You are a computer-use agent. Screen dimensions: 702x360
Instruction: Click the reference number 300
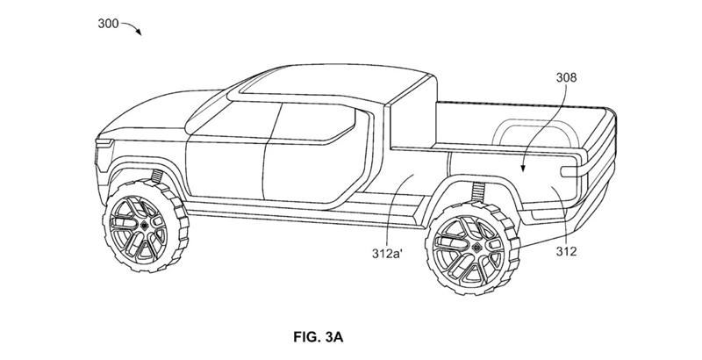108,24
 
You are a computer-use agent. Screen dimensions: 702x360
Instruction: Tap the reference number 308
566,78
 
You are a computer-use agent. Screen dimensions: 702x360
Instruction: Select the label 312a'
388,254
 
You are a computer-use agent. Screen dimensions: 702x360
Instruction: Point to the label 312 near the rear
566,252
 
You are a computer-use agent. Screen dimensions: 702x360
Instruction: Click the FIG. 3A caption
319,336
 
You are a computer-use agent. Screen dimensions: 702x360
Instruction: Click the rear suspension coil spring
479,194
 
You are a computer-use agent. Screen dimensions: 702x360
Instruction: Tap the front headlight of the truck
104,143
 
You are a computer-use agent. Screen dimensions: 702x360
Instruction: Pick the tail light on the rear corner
569,170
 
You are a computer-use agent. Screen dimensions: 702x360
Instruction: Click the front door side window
233,121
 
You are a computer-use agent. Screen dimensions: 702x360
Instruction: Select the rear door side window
314,122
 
